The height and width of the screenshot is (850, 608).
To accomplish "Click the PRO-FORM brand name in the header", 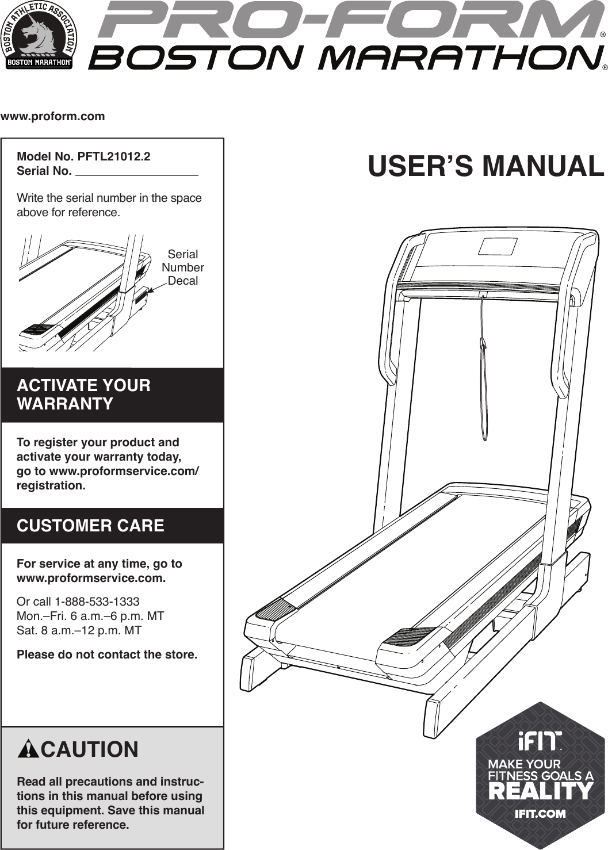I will (348, 21).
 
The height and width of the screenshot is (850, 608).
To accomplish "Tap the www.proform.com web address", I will (53, 116).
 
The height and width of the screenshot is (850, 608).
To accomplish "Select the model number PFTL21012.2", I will (114, 156).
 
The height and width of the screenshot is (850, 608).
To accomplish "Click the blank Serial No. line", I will (137, 171).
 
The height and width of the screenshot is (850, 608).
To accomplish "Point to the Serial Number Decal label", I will (182, 267).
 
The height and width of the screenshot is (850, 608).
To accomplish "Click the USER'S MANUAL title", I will (485, 166).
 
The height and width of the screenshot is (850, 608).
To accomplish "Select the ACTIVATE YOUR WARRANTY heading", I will (84, 395).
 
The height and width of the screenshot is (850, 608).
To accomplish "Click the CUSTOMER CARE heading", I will (90, 526).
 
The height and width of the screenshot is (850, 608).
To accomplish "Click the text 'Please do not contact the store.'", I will (107, 654).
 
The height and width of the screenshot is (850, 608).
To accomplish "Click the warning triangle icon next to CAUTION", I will (28, 750).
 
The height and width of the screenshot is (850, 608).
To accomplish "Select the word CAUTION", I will (90, 750).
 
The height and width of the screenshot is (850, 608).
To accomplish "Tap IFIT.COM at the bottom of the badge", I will (540, 814).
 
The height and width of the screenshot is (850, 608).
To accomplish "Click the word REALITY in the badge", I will (540, 792).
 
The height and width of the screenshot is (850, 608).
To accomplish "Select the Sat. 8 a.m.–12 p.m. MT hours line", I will (79, 630).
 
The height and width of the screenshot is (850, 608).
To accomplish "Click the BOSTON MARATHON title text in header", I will (345, 58).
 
